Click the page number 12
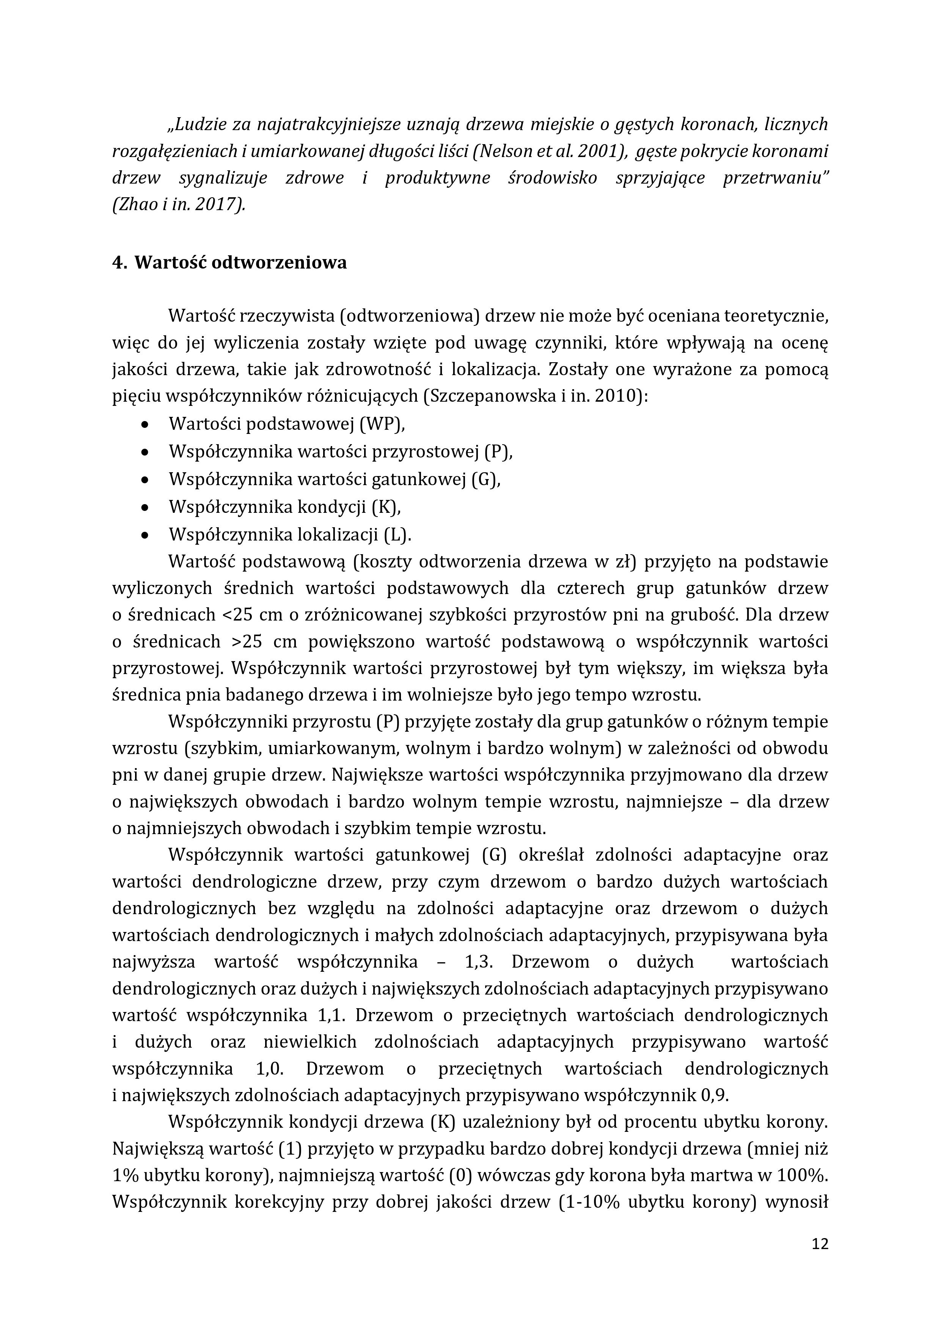pos(820,1243)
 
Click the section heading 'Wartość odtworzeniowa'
pos(240,262)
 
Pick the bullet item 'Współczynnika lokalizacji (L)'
pos(290,534)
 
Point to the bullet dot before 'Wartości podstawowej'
pos(145,424)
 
